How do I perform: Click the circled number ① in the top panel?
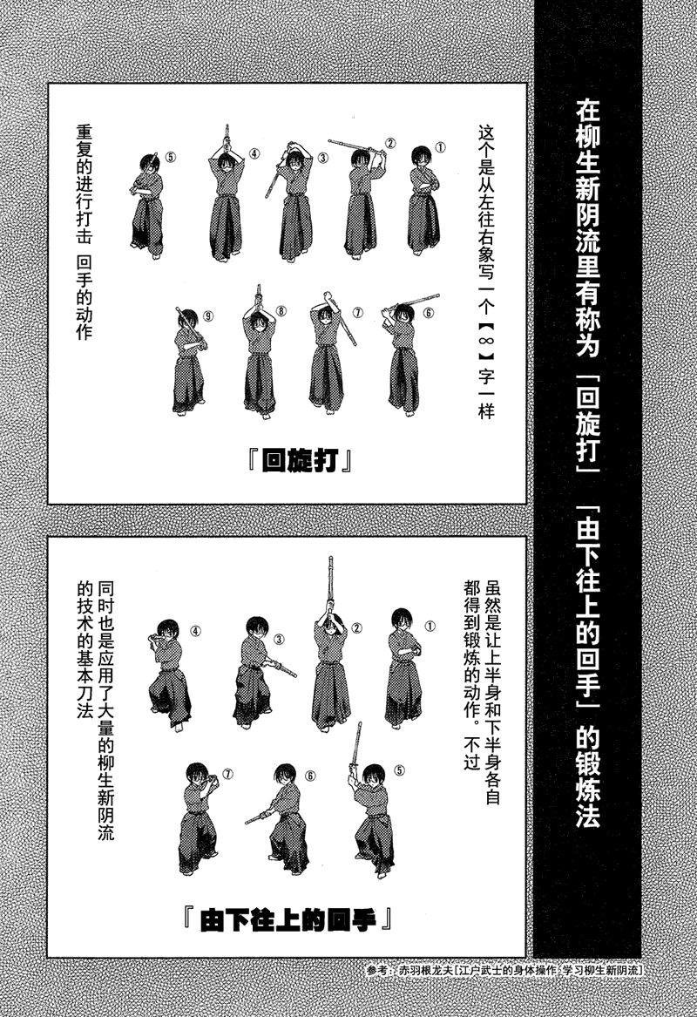pyautogui.click(x=441, y=148)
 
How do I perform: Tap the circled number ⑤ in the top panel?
pyautogui.click(x=171, y=159)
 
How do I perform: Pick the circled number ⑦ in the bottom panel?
pyautogui.click(x=228, y=773)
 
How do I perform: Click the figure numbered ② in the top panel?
pyautogui.click(x=362, y=200)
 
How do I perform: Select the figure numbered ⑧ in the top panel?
pyautogui.click(x=259, y=357)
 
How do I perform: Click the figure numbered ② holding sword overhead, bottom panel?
pyautogui.click(x=331, y=662)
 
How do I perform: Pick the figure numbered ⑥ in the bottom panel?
pyautogui.click(x=283, y=819)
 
